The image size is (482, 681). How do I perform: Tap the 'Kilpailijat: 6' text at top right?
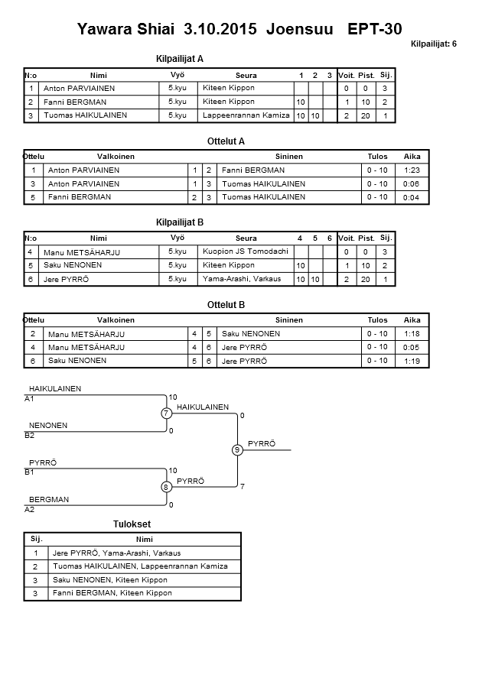433,44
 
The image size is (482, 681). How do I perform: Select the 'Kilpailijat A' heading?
179,58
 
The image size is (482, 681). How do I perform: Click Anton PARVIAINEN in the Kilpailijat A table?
80,89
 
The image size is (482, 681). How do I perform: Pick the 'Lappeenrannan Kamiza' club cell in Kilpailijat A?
246,115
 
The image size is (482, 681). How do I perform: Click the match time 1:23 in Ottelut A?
412,170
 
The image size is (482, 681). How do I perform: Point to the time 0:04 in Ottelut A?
412,197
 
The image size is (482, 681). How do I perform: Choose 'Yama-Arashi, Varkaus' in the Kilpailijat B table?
241,279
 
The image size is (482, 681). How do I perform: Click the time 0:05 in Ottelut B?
412,347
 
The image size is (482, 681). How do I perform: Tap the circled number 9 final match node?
238,450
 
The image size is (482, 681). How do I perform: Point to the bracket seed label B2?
30,436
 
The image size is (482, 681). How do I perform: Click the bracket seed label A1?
30,399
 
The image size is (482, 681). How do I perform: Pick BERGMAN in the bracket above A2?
49,499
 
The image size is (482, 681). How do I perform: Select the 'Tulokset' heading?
132,524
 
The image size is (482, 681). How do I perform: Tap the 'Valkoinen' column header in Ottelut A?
116,156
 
